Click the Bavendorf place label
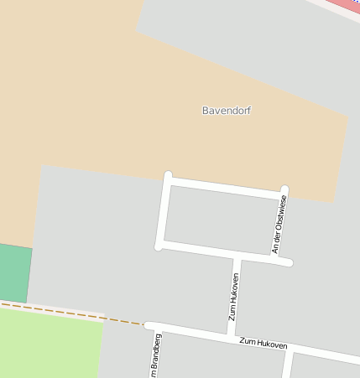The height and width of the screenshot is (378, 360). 227,111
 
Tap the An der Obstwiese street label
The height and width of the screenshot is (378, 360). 280,225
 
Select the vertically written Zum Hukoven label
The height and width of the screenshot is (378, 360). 234,297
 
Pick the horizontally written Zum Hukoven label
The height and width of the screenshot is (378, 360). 263,344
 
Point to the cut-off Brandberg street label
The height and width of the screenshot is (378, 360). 155,356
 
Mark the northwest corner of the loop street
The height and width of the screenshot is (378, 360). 168,177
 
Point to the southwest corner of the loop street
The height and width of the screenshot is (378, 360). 159,245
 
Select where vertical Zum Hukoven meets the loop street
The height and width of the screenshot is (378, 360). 237,256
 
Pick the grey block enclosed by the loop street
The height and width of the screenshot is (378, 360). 222,218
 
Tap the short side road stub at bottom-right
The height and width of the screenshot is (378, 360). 287,364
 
